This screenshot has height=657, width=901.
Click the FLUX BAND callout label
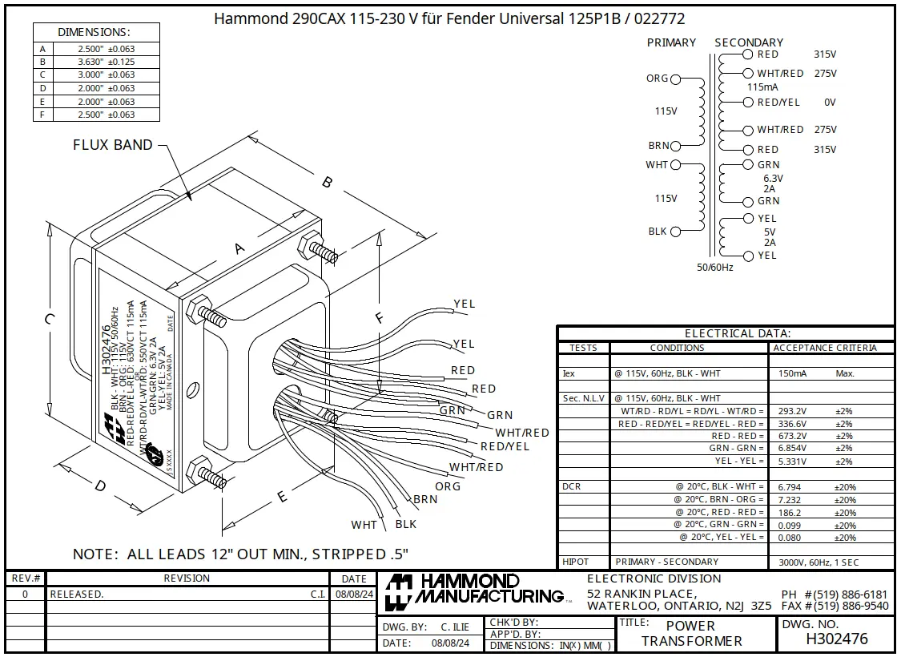point(112,145)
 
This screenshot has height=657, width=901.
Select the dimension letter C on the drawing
point(50,319)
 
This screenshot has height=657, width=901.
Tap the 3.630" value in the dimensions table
point(95,62)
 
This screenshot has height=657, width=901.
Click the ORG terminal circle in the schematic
point(675,79)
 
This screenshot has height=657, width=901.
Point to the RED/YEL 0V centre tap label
point(778,103)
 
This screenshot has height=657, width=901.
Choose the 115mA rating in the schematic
point(762,87)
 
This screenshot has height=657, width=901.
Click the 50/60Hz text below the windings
point(714,267)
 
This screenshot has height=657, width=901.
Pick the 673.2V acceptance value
point(792,436)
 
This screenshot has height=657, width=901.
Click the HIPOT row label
point(576,562)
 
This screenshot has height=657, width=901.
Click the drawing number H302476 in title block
point(836,639)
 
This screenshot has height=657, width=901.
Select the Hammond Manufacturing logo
point(473,590)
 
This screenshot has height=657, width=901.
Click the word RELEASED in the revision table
point(77,595)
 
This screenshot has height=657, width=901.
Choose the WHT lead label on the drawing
point(364,525)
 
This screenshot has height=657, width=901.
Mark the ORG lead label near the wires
point(448,486)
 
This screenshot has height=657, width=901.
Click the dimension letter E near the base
point(282,497)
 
